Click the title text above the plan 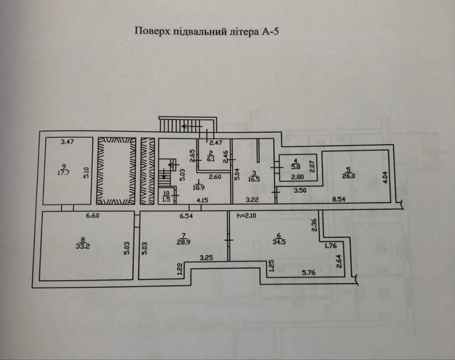[x=206, y=31]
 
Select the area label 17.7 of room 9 [x=64, y=173]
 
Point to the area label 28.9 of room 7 [x=183, y=242]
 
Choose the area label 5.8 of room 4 [x=296, y=167]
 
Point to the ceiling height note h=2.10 [x=246, y=215]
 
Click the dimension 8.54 [x=339, y=200]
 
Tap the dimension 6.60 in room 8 [x=92, y=215]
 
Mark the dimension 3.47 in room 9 [x=67, y=142]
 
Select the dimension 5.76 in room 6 [x=309, y=272]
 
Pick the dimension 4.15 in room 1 [x=202, y=200]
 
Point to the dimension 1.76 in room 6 [x=330, y=246]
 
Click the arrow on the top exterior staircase [x=192, y=126]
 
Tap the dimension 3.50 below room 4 [x=300, y=190]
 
